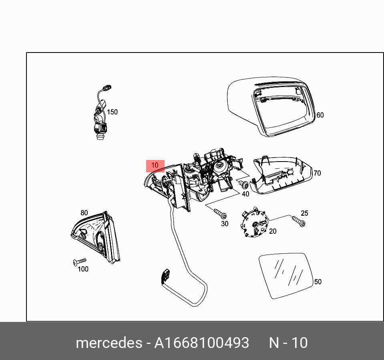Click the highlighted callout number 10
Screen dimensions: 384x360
click(x=155, y=165)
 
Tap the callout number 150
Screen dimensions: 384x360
click(x=112, y=112)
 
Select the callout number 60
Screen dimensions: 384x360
click(x=320, y=115)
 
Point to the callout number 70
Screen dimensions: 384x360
click(x=317, y=173)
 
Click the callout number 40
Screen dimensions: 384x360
click(x=245, y=194)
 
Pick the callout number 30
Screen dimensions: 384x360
click(x=225, y=224)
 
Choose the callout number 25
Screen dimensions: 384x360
click(x=305, y=213)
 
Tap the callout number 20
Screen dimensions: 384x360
click(x=273, y=231)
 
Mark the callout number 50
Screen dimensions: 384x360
click(x=318, y=281)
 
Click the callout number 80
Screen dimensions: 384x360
click(x=84, y=213)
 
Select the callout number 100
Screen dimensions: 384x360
click(x=83, y=269)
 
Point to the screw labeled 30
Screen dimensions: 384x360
click(x=220, y=213)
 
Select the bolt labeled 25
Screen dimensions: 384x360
click(x=298, y=221)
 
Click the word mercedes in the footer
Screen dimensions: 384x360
click(x=109, y=343)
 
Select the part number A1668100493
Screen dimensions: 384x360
click(x=201, y=343)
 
